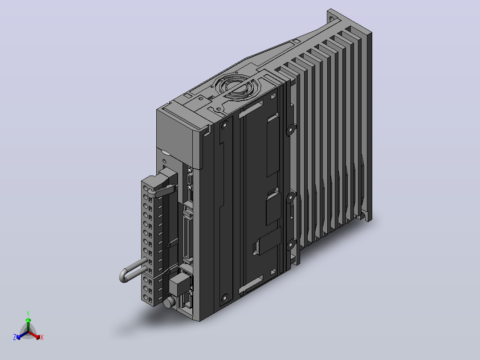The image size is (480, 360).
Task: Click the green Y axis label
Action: [x=28, y=313]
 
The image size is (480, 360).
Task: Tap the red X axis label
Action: [x=42, y=337]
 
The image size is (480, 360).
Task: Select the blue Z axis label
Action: [x=15, y=337]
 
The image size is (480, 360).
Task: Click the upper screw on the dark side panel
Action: [x=225, y=125]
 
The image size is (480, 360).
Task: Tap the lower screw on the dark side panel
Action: [x=225, y=298]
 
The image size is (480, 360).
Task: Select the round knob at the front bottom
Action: [x=168, y=303]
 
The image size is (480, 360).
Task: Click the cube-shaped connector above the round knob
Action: [x=179, y=284]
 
